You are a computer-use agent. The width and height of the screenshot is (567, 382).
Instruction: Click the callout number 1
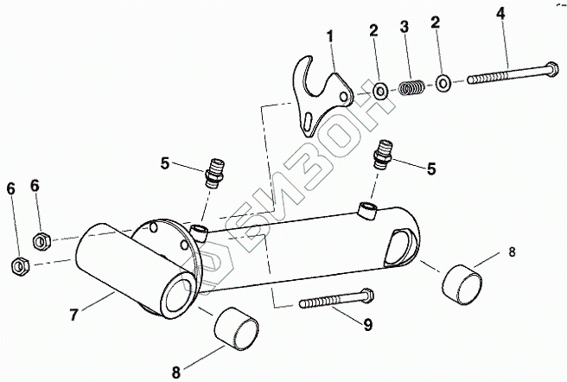(329, 37)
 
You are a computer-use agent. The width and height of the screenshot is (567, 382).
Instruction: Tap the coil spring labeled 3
(413, 87)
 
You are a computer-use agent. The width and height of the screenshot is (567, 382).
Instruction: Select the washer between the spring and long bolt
(443, 84)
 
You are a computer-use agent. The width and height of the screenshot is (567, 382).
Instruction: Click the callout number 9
(368, 325)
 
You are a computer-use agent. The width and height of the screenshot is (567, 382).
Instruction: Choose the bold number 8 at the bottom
(177, 372)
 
